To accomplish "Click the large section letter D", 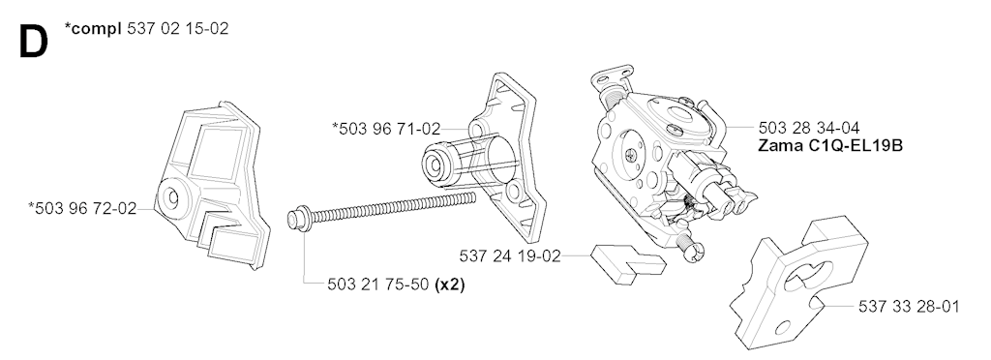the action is coord(34,43).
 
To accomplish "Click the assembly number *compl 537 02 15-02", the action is coord(147,28).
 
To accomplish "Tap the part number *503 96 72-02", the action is coord(82,208).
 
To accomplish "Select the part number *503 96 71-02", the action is coord(386,129).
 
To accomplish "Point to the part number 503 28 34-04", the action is coord(809,128).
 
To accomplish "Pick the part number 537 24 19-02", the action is coord(510,256).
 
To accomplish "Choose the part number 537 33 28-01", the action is coord(909,307).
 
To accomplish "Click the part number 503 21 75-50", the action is coord(378,285).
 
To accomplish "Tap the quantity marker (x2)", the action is coord(451,285).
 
